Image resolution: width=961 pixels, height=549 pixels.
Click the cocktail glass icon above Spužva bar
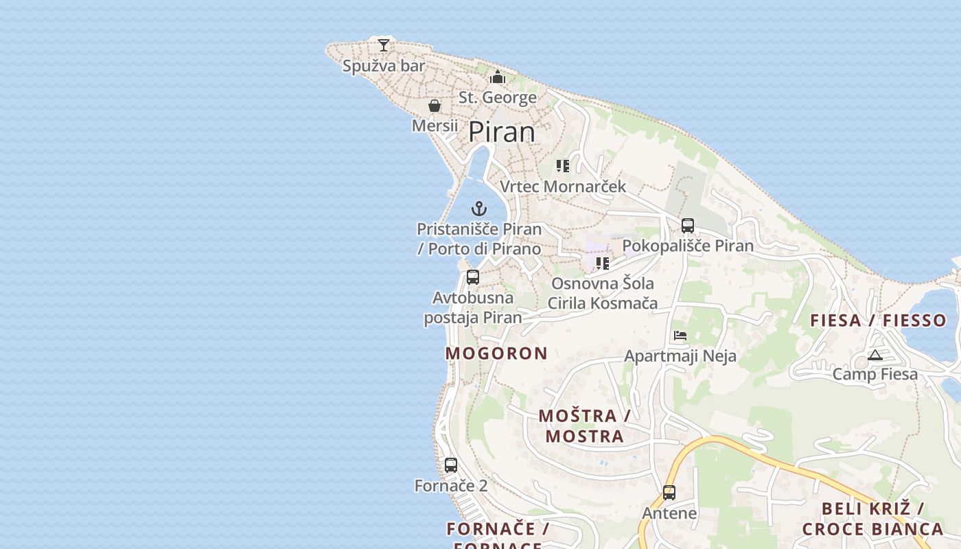pyautogui.click(x=384, y=45)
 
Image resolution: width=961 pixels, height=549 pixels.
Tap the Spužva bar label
pyautogui.click(x=384, y=66)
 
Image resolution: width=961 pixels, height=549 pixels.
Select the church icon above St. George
pyautogui.click(x=498, y=77)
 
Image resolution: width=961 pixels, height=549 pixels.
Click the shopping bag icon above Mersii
pyautogui.click(x=435, y=106)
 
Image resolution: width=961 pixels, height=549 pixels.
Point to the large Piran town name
pyautogui.click(x=502, y=132)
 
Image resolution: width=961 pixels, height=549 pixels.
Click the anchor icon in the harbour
pyautogui.click(x=479, y=209)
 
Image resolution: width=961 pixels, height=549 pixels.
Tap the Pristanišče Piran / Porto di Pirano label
pyautogui.click(x=479, y=239)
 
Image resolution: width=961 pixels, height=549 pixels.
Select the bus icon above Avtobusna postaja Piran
pyautogui.click(x=473, y=277)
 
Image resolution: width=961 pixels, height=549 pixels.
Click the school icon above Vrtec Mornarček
pyautogui.click(x=563, y=166)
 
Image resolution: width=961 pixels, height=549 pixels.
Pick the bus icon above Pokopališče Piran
pyautogui.click(x=688, y=225)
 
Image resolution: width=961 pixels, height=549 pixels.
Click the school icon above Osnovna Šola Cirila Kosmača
pyautogui.click(x=603, y=263)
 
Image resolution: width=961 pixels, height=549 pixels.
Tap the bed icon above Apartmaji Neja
pyautogui.click(x=680, y=336)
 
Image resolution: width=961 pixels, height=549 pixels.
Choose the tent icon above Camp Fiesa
pyautogui.click(x=875, y=355)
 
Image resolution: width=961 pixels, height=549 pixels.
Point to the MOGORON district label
pyautogui.click(x=496, y=353)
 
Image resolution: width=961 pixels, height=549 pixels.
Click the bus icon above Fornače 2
pyautogui.click(x=451, y=465)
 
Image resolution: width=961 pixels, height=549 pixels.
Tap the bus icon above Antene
pyautogui.click(x=669, y=492)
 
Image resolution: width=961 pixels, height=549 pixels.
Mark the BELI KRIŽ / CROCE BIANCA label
pyautogui.click(x=872, y=519)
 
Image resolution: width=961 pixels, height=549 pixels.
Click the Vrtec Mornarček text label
pyautogui.click(x=563, y=187)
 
